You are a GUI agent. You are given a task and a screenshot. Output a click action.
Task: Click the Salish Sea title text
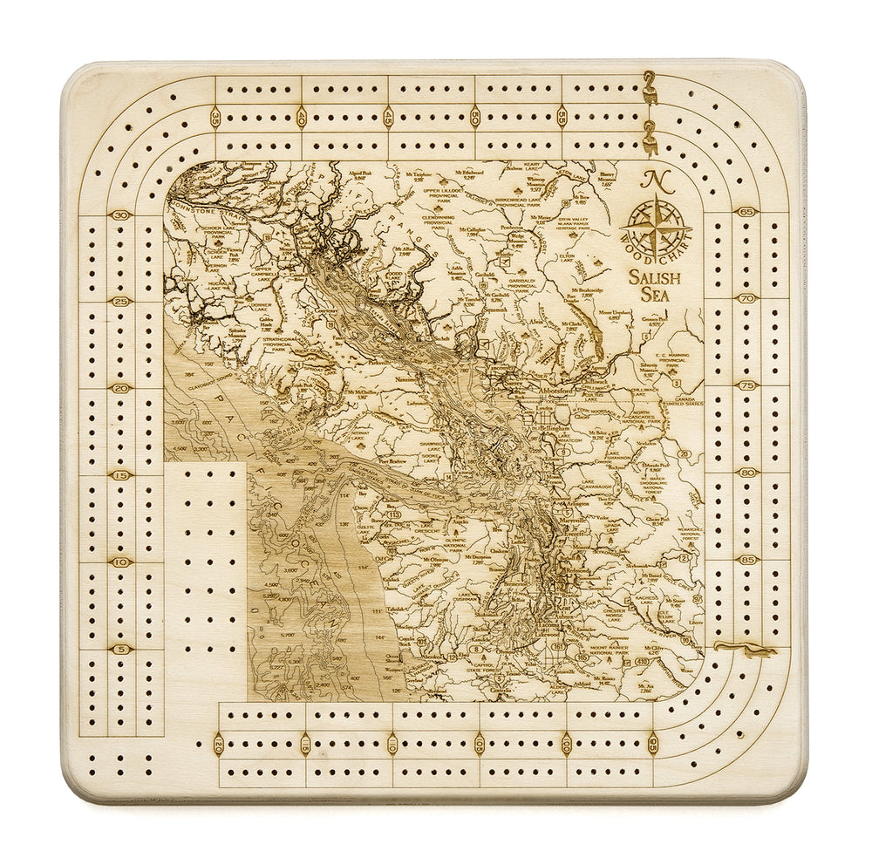coord(658,287)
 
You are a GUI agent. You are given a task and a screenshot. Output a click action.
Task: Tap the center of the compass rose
coord(655,226)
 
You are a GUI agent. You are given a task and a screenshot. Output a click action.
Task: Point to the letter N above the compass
coord(650,180)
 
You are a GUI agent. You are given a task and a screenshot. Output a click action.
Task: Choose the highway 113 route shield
coord(394,515)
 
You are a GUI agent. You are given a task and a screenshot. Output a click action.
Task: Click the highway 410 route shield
coord(644,662)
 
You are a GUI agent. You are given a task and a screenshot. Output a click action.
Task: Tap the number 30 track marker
coord(121,215)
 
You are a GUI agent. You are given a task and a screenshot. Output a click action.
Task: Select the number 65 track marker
coord(746,211)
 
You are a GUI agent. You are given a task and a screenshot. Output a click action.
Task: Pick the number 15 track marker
coord(121,475)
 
